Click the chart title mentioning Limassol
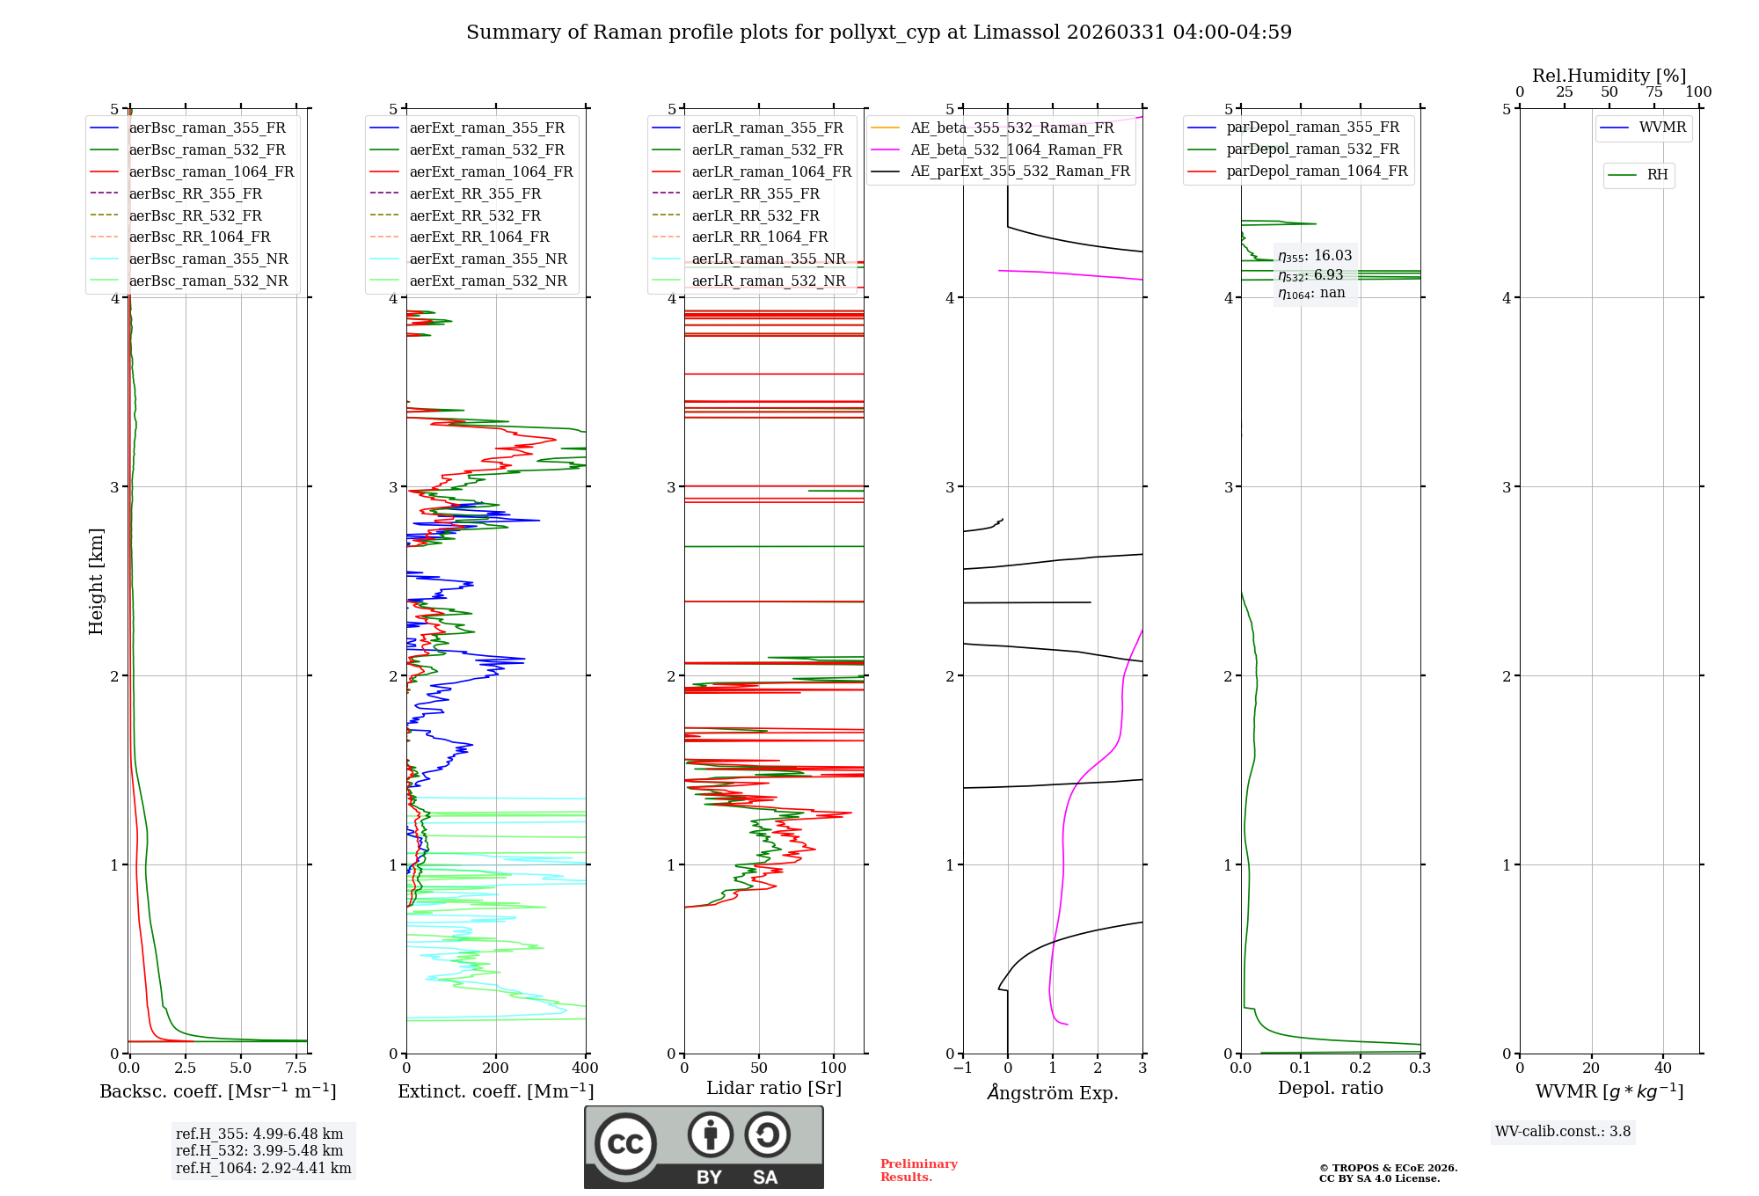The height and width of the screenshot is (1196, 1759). click(x=879, y=33)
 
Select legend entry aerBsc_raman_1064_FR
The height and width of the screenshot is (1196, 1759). click(x=211, y=171)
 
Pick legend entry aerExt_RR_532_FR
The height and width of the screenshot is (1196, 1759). click(x=475, y=215)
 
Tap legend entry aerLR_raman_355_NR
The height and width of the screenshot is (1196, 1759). click(x=768, y=259)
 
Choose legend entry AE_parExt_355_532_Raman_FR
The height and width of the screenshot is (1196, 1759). click(x=1019, y=171)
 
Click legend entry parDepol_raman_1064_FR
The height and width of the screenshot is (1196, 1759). click(x=1317, y=171)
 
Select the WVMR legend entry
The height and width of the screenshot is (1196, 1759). click(x=1662, y=128)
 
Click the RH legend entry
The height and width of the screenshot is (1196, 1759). click(x=1657, y=175)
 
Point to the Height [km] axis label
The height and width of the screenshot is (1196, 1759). click(x=96, y=581)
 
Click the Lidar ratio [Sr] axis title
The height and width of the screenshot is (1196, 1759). click(x=774, y=1088)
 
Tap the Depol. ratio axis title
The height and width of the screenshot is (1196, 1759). click(x=1330, y=1088)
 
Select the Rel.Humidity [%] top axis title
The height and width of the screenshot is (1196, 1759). click(x=1609, y=76)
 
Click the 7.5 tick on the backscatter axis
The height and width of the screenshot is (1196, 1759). click(x=296, y=1068)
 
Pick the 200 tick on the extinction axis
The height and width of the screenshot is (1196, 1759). click(x=496, y=1068)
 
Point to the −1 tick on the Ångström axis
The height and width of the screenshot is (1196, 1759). click(x=962, y=1068)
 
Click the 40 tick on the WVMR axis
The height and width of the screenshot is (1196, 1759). click(x=1663, y=1068)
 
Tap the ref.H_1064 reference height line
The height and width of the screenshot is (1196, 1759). click(x=263, y=1168)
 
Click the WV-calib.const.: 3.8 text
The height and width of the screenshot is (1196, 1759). click(x=1563, y=1132)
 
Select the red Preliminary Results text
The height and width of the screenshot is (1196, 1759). click(x=918, y=1170)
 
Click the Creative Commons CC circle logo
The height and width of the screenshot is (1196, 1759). click(x=625, y=1143)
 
